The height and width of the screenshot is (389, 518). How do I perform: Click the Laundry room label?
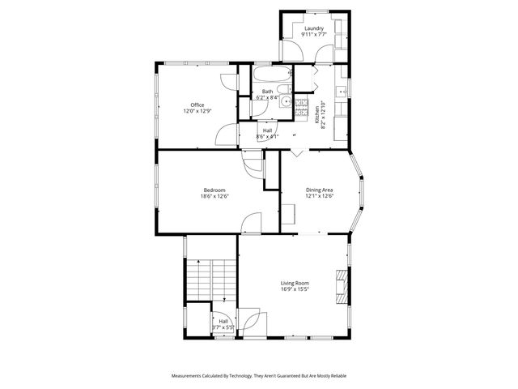tap(314, 28)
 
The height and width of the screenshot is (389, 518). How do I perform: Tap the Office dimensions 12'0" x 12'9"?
tap(197, 111)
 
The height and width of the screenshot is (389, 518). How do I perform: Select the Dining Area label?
tap(319, 190)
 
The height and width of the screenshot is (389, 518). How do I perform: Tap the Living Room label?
tap(295, 283)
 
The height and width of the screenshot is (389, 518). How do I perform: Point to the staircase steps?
tap(210, 280)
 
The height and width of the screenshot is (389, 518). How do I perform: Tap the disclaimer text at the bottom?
tap(258, 377)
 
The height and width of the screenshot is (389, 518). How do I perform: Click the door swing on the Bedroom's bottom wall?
tap(252, 222)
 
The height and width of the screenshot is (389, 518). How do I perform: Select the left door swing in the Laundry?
tap(291, 53)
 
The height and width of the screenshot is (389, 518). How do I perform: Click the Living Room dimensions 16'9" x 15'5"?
tap(295, 289)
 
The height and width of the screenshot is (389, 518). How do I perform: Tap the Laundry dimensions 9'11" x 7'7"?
tap(314, 35)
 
